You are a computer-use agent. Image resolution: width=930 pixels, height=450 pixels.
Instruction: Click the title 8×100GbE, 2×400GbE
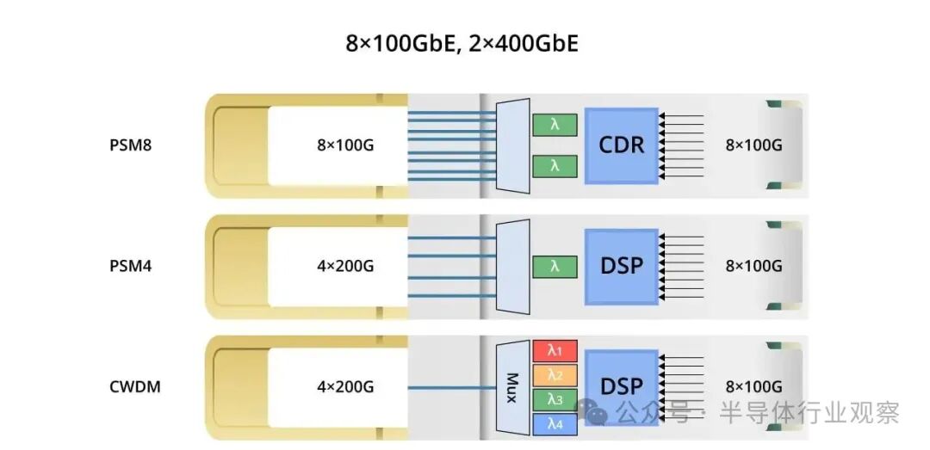click(462, 44)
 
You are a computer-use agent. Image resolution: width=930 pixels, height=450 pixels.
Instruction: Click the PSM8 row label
click(131, 145)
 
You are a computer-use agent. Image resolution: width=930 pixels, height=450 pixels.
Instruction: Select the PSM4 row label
click(131, 266)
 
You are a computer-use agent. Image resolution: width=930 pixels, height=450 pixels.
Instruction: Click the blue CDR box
click(621, 145)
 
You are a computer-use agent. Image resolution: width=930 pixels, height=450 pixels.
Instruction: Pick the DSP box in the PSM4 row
click(621, 265)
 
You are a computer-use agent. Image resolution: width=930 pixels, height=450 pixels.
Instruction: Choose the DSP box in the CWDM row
click(621, 386)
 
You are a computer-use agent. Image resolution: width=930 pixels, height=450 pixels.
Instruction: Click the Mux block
click(513, 387)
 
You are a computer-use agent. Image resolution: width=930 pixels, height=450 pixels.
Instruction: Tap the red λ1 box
click(555, 350)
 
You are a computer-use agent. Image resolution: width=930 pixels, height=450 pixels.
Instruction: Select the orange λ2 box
click(555, 375)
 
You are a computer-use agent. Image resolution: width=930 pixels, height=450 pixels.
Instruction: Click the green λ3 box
click(555, 399)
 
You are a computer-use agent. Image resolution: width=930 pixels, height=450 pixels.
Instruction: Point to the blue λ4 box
click(555, 423)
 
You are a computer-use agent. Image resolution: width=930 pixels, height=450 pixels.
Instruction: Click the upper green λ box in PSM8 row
click(555, 125)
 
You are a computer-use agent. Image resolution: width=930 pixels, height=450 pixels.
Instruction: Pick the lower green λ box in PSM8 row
click(555, 165)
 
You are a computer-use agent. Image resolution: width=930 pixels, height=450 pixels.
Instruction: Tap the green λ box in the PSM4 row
click(555, 267)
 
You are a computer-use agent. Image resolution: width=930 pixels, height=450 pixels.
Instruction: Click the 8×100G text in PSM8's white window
click(345, 145)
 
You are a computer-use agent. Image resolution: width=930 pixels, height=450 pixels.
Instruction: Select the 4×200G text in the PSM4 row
click(345, 266)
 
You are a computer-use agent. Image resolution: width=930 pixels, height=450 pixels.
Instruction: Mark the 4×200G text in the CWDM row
click(345, 387)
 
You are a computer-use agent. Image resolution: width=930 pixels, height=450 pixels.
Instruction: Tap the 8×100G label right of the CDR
click(753, 145)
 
